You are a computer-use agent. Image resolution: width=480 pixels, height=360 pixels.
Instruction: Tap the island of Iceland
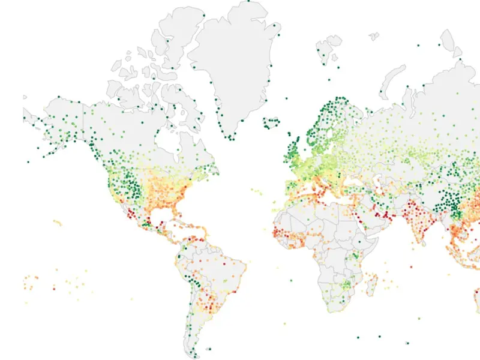click(x=271, y=123)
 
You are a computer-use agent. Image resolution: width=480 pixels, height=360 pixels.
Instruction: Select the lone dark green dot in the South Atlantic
click(x=290, y=279)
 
